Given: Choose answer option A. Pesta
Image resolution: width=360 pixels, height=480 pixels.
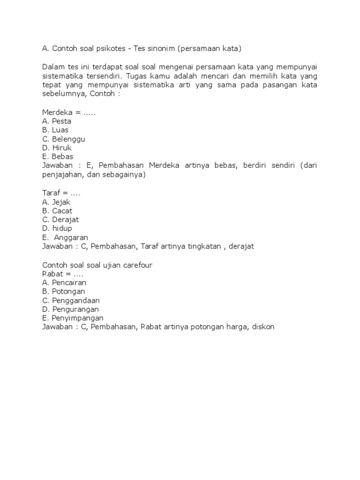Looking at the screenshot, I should (x=57, y=121).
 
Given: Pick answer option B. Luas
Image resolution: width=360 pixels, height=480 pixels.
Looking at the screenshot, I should (x=56, y=130).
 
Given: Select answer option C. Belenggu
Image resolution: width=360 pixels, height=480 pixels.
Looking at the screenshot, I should (x=64, y=139).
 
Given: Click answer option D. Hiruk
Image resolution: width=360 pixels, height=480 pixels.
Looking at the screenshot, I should (x=57, y=148).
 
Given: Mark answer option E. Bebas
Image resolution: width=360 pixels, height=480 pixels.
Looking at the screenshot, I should (x=58, y=157).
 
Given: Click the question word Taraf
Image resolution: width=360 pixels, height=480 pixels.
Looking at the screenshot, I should (x=51, y=193).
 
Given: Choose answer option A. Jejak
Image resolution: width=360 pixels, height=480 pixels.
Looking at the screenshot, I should (x=56, y=202).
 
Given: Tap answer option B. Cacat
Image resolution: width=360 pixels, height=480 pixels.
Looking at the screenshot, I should (x=57, y=211).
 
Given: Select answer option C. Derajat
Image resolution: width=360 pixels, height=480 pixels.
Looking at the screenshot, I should (x=60, y=219).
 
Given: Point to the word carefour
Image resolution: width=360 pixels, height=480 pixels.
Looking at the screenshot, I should (x=137, y=265).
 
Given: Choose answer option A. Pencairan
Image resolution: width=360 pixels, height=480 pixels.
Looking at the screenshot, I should (x=64, y=283).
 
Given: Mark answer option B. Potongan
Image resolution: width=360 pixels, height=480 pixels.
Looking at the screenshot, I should (x=63, y=292).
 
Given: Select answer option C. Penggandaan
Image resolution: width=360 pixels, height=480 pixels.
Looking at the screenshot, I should (x=71, y=300).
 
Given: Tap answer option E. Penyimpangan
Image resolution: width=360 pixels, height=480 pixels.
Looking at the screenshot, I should (x=72, y=318).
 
